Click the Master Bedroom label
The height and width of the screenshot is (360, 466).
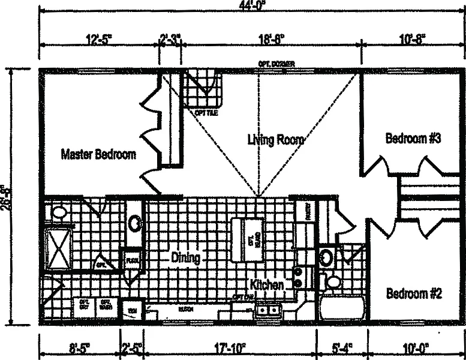click(x=98, y=155)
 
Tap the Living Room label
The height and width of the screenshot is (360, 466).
click(x=275, y=140)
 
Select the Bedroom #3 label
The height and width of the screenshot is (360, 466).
click(x=413, y=139)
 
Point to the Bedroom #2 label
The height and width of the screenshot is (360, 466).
click(x=414, y=294)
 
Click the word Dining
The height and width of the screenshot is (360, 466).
click(x=185, y=259)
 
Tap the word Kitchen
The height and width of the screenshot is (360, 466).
click(x=267, y=284)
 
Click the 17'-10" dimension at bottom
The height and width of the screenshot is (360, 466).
click(x=229, y=347)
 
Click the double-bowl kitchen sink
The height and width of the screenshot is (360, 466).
click(x=267, y=310)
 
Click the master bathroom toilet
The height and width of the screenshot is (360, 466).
click(x=59, y=212)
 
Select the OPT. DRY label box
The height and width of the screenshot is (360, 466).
click(x=83, y=305)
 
